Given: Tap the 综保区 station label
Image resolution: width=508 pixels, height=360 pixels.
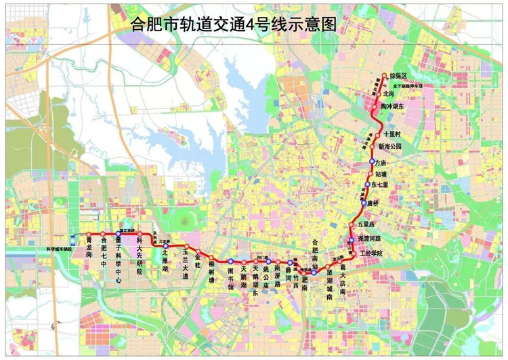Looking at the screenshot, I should point(398,77).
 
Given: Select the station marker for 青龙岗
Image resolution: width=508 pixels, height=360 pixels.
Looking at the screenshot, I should point(88,235).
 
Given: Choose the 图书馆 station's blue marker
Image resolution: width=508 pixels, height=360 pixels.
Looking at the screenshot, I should point(230,261).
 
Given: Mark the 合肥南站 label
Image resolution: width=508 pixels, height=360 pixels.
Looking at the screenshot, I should point(314,252).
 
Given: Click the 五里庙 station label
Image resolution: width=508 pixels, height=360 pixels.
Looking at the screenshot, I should point(366,224).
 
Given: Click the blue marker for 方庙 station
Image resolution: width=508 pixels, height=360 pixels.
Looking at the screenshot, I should point(372,163).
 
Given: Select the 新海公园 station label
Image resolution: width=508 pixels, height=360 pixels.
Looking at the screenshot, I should point(390,146).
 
